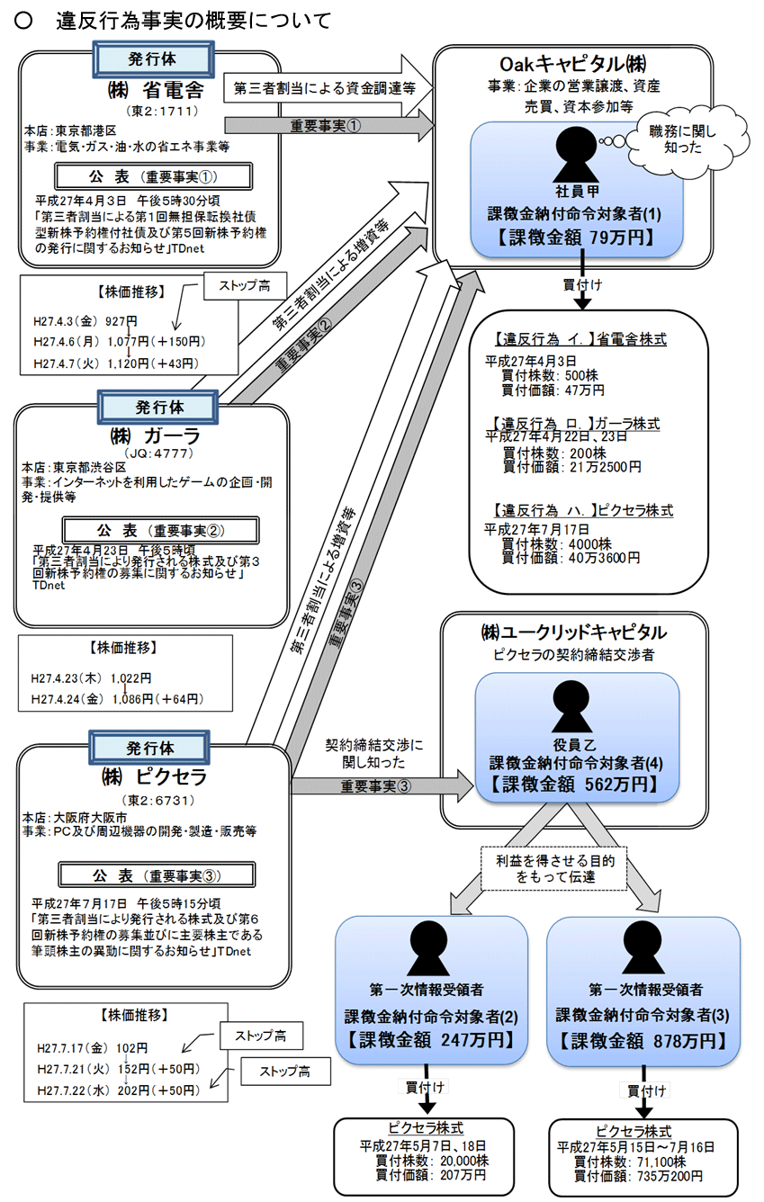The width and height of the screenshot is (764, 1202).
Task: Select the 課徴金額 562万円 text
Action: click(575, 785)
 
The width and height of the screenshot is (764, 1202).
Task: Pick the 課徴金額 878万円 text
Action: click(643, 1041)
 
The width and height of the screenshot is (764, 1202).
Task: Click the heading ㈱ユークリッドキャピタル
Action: click(574, 632)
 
